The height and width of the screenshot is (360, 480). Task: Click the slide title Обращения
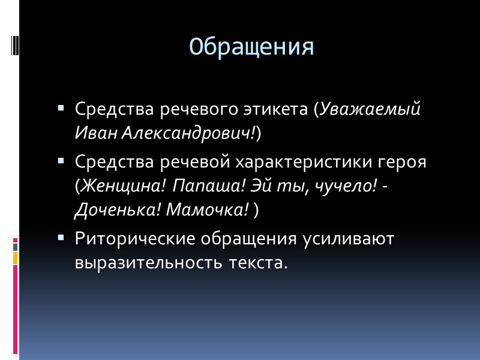[x=251, y=47]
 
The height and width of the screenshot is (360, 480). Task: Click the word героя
[x=400, y=162]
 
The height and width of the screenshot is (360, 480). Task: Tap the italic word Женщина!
[x=123, y=186]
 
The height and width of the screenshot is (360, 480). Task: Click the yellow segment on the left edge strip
[x=16, y=258]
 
